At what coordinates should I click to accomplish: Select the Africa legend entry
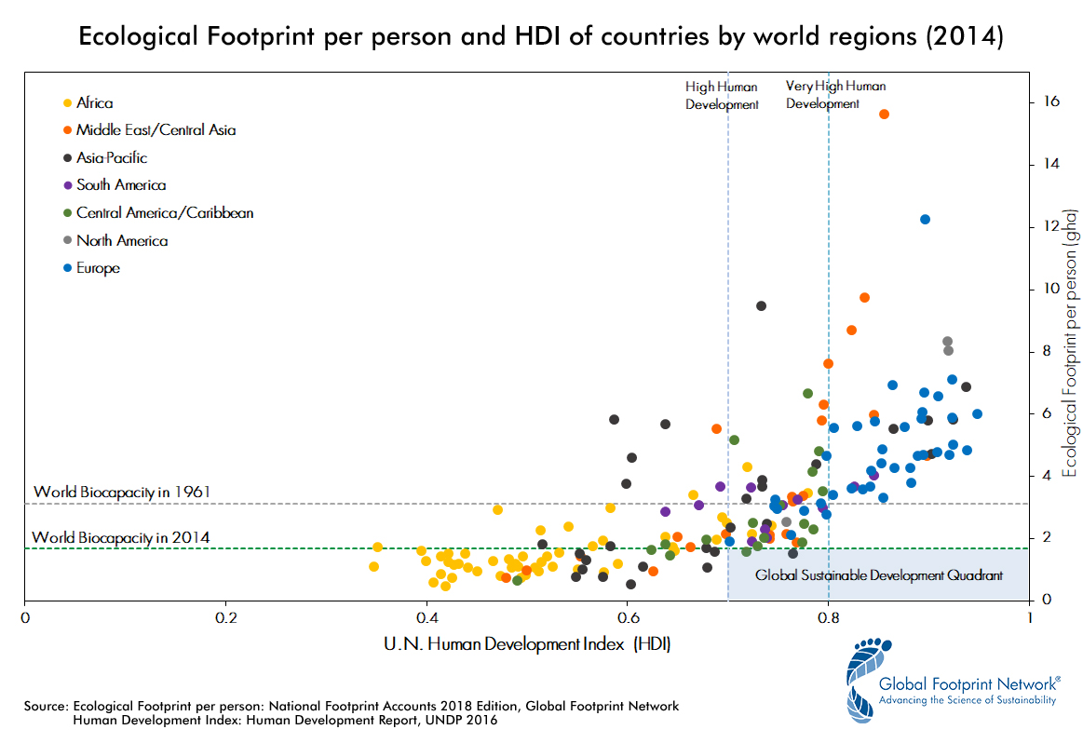click(94, 103)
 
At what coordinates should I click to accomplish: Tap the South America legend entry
click(121, 185)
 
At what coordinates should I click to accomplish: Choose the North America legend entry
click(122, 240)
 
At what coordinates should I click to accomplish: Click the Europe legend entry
click(98, 268)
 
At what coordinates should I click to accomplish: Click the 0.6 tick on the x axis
click(627, 616)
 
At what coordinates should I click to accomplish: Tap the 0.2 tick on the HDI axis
click(225, 616)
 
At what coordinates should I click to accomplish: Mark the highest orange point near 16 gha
click(884, 114)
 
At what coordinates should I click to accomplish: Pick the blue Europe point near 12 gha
click(925, 219)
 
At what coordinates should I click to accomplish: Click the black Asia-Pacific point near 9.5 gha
click(761, 305)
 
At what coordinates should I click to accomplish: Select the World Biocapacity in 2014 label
click(120, 537)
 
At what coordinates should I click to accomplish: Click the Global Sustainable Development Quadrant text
click(878, 575)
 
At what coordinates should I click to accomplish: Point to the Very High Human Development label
click(835, 94)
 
